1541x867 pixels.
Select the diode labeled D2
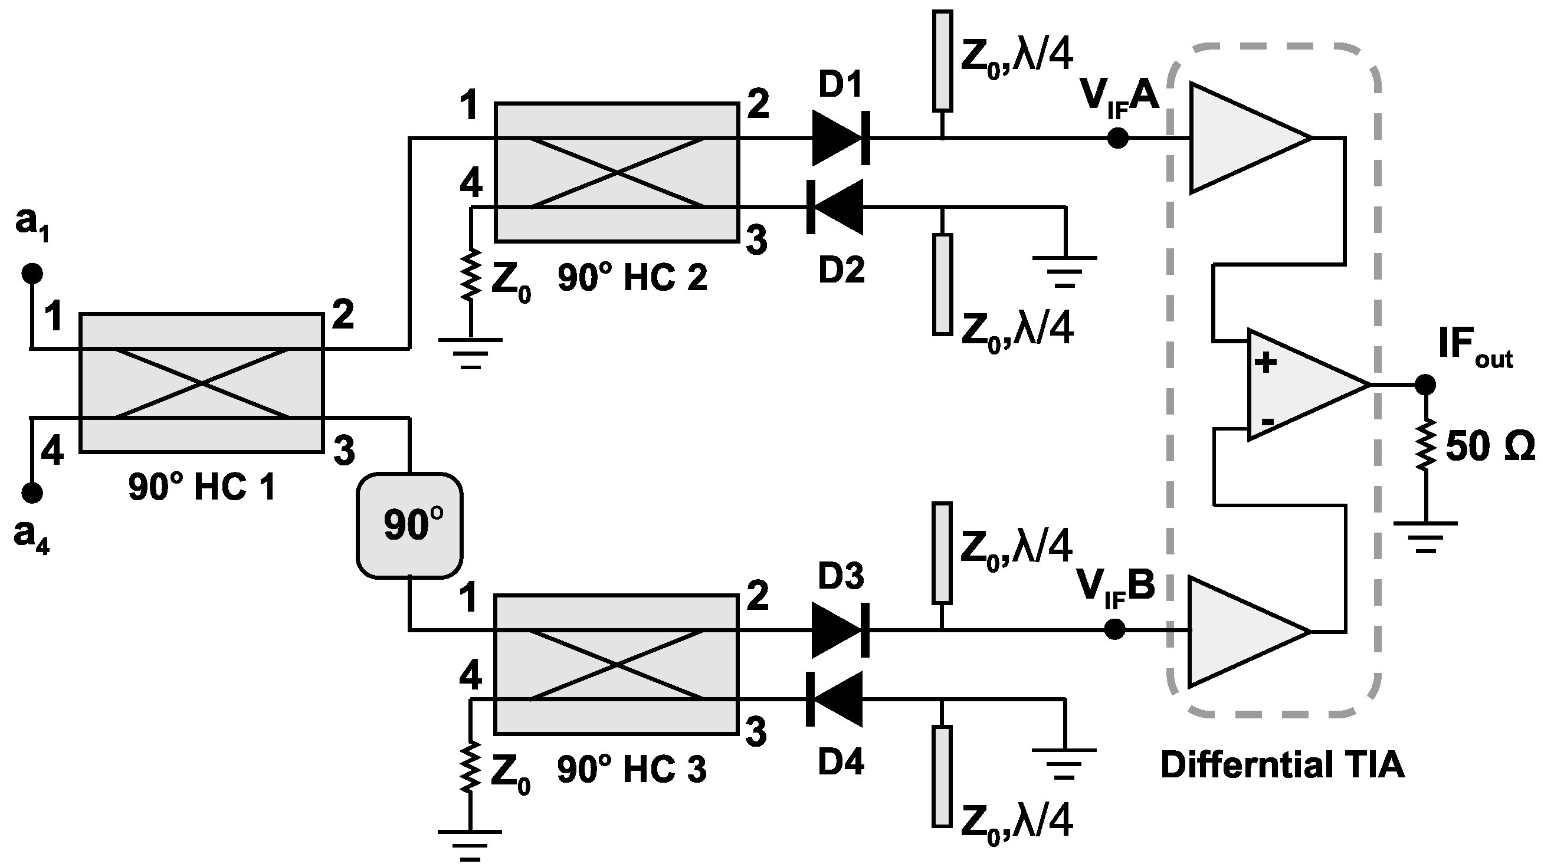click(x=835, y=207)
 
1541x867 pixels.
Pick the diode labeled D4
click(x=835, y=698)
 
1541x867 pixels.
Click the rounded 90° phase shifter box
click(x=410, y=526)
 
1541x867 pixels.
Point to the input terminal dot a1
click(x=32, y=274)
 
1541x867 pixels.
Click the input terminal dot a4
click(x=32, y=493)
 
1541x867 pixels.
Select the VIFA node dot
click(x=1117, y=138)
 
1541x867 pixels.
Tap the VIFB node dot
click(x=1114, y=630)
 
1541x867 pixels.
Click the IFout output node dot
click(x=1425, y=385)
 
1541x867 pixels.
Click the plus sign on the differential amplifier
click(x=1265, y=362)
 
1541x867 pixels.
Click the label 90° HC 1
click(x=202, y=487)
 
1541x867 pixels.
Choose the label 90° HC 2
click(x=632, y=278)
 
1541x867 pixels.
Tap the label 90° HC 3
click(x=632, y=770)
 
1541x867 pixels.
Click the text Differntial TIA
click(x=1282, y=765)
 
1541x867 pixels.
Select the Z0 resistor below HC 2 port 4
click(x=471, y=274)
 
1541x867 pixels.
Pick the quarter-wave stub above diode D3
click(x=942, y=553)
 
